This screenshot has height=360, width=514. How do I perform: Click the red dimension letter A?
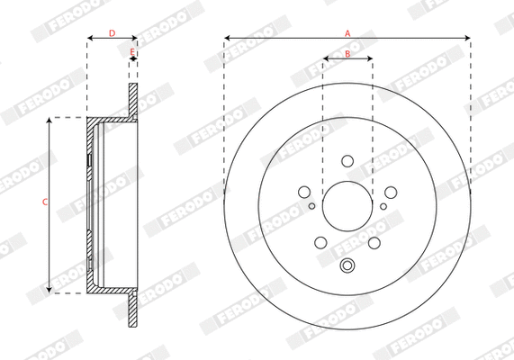pos(347,32)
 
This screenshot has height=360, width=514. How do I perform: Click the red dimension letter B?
pos(347,55)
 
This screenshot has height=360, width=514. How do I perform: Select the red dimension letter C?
pos(45,202)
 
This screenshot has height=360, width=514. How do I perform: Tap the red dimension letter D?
pos(112,33)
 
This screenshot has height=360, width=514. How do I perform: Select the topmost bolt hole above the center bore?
pos(347,161)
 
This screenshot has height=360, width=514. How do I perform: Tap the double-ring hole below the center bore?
pos(347,265)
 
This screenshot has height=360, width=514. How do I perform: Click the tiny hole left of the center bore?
pos(311,206)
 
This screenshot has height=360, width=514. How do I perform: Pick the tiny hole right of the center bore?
pos(383,206)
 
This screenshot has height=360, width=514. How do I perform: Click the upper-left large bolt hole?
pos(304,192)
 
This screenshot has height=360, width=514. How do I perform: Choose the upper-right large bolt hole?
pos(391,192)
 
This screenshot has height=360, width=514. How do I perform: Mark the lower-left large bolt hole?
pos(320,242)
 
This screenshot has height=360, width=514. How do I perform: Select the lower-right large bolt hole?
pos(374,242)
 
